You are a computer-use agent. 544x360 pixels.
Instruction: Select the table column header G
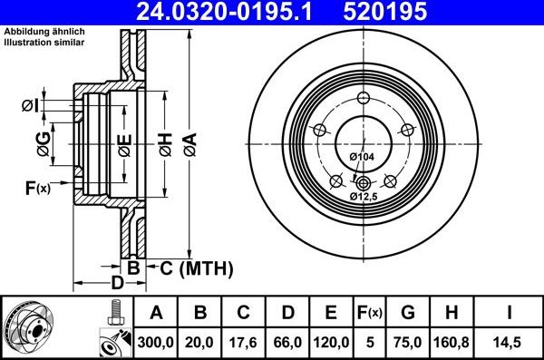(408, 313)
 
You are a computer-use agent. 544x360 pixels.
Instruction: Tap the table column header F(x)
(370, 313)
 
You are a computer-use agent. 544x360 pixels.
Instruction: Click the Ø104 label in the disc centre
(362, 158)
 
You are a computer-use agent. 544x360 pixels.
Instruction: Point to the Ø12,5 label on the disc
(363, 195)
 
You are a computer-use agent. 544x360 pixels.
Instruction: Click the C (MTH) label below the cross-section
(196, 268)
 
